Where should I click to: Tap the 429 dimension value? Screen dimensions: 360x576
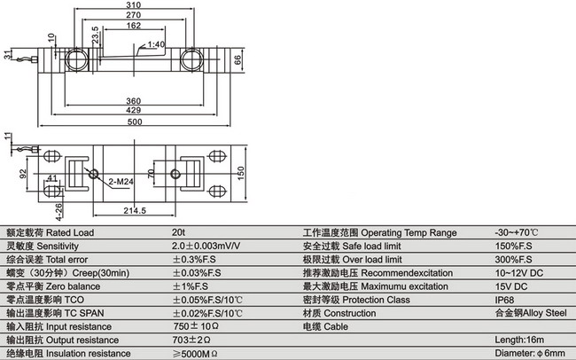[x=133, y=110]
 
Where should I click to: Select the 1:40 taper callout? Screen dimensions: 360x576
[x=156, y=43]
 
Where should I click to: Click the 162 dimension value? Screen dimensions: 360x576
[x=132, y=27]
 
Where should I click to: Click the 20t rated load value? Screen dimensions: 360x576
[x=178, y=233]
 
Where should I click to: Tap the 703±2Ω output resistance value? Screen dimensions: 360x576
[x=191, y=340]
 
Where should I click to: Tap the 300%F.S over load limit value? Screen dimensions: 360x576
[x=509, y=260]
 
